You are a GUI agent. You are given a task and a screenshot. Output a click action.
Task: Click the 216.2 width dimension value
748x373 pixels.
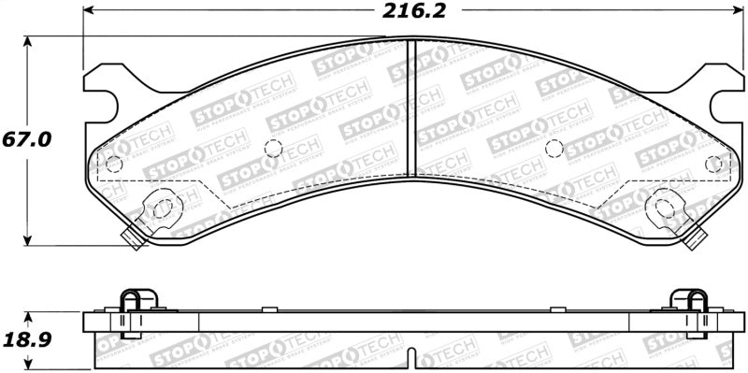(411, 12)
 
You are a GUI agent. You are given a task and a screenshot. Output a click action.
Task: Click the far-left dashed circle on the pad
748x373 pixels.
(114, 165)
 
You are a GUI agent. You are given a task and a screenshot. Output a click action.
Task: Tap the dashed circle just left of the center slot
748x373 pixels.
(273, 148)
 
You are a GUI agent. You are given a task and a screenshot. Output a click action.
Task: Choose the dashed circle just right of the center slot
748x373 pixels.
(553, 148)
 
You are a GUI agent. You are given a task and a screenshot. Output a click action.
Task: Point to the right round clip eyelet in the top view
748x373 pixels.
(665, 207)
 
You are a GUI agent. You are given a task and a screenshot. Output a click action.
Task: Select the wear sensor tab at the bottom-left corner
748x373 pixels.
(134, 239)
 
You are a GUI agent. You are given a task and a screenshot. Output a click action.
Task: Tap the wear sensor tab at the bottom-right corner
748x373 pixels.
(694, 239)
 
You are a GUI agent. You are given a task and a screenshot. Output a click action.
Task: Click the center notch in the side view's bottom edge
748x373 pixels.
(413, 357)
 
